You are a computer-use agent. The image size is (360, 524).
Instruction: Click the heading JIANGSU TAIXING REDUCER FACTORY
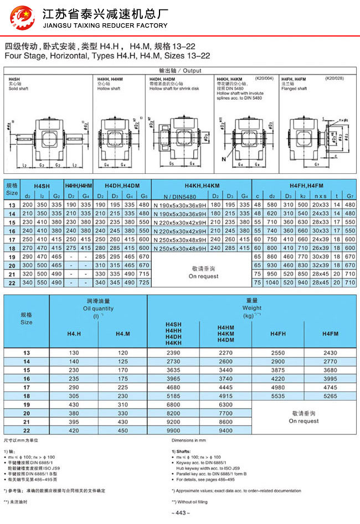[x=105, y=25]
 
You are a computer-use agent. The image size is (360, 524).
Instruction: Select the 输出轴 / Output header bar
[x=179, y=71]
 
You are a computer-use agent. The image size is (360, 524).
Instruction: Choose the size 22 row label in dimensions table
[x=12, y=283]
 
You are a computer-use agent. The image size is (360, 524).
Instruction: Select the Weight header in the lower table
[x=252, y=308]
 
